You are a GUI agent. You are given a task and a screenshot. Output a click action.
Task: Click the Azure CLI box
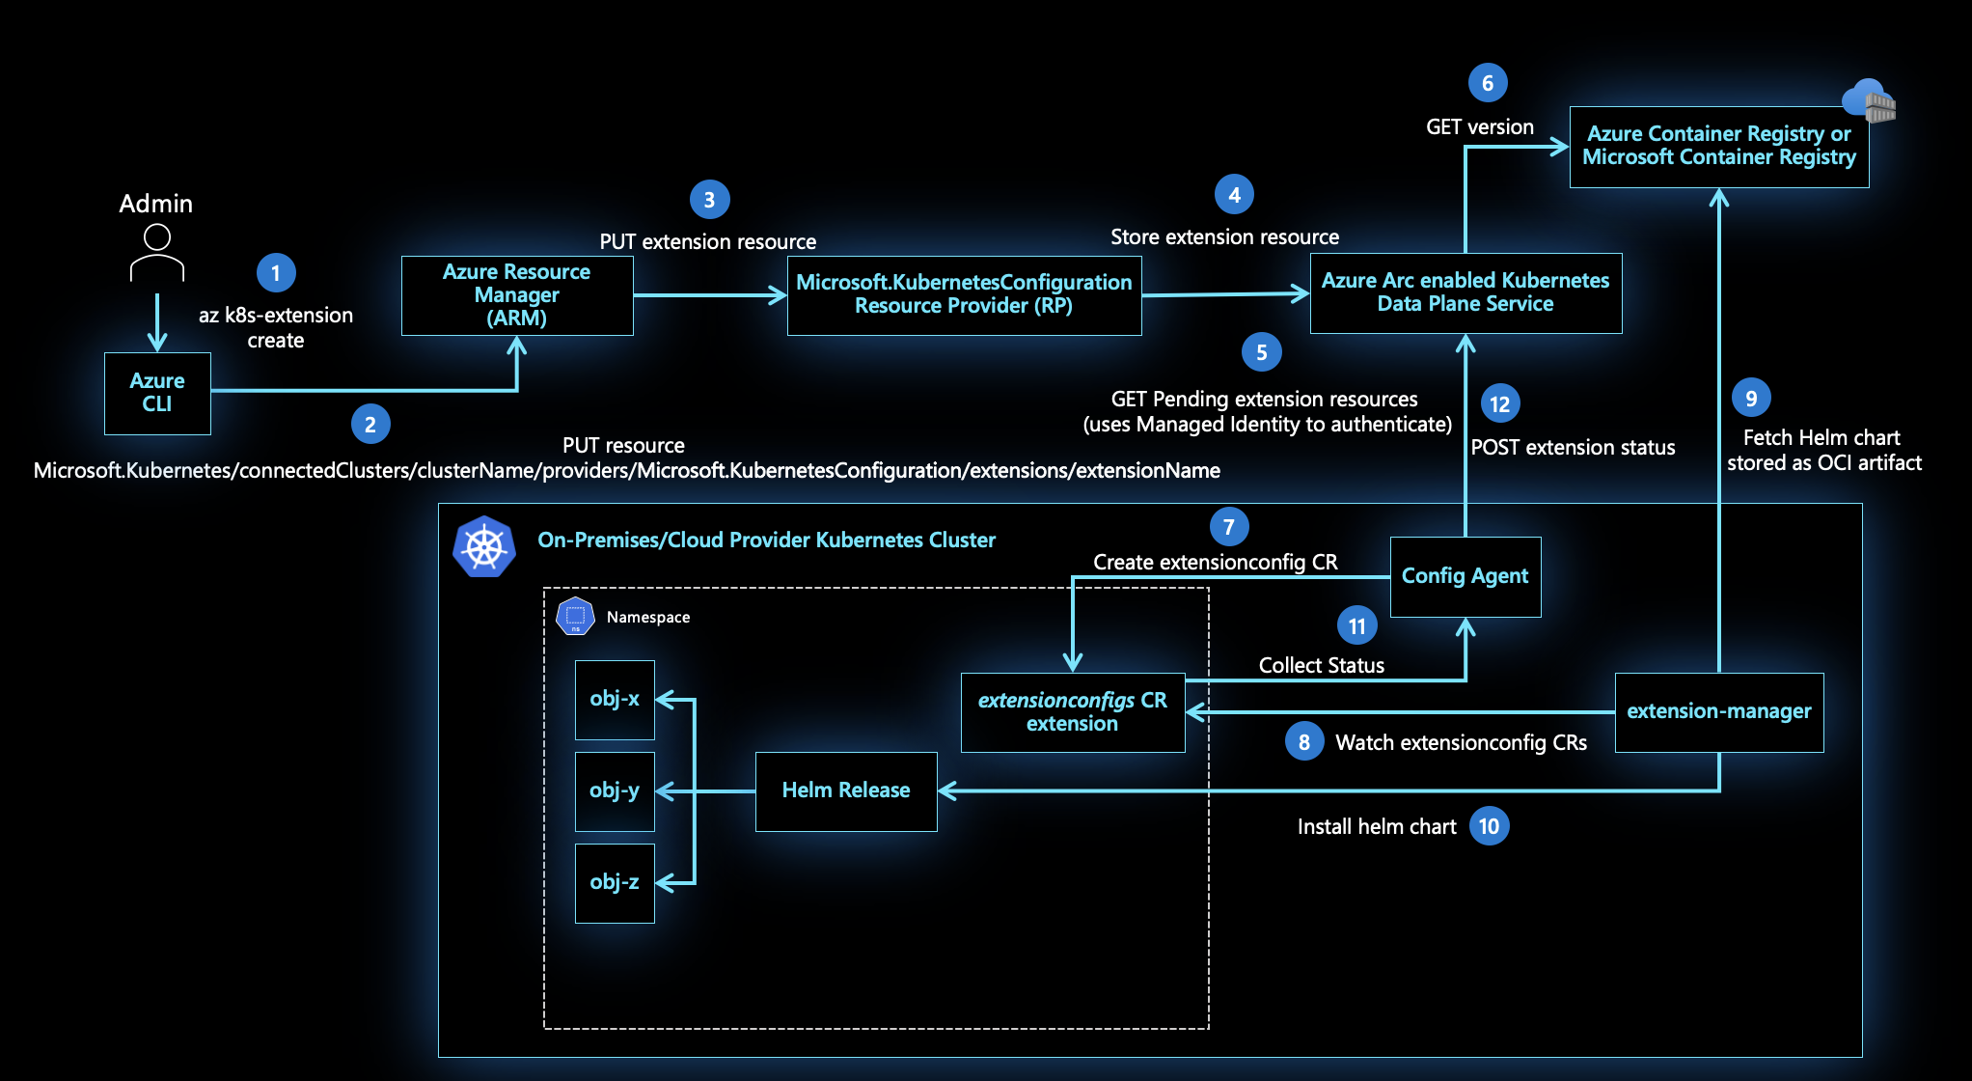coord(157,393)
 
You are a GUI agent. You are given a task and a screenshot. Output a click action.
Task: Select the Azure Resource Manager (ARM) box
coord(517,295)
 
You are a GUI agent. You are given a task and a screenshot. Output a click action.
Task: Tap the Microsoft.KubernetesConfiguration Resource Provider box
coord(964,294)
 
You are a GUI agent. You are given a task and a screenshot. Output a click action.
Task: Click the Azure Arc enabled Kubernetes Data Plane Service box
coord(1465,292)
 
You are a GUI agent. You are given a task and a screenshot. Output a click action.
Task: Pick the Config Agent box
coord(1465,576)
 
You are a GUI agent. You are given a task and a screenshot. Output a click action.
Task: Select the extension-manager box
coord(1718,711)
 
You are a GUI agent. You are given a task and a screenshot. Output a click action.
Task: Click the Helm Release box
coord(845,790)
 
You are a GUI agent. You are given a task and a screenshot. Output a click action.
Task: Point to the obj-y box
coord(615,790)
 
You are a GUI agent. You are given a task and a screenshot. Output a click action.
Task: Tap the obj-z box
coord(615,882)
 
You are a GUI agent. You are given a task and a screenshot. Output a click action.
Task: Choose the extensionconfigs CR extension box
coord(1072,712)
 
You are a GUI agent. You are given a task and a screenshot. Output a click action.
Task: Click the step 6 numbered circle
coord(1487,84)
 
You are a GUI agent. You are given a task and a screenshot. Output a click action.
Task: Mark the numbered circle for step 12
coord(1499,403)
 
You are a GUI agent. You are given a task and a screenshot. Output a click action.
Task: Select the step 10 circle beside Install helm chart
coord(1489,826)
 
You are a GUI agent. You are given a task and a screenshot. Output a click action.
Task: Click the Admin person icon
coord(157,253)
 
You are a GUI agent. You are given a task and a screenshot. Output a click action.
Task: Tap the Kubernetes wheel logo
coord(484,547)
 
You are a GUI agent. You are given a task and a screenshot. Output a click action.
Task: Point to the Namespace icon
coord(575,617)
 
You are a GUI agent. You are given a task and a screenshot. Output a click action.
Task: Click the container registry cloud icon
coord(1869,100)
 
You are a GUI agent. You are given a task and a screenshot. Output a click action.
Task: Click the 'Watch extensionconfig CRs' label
coord(1461,742)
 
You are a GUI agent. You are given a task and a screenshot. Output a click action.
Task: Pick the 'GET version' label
coord(1479,127)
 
